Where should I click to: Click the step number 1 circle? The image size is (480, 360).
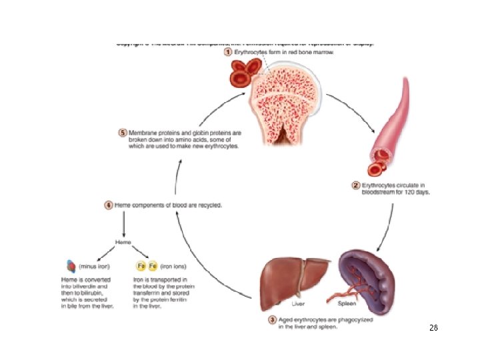228,52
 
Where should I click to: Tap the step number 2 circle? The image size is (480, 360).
357,185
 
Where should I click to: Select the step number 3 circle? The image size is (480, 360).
273,319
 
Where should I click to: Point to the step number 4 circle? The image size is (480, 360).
109,205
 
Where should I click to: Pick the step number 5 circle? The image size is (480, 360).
123,133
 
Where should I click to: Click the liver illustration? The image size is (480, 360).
294,277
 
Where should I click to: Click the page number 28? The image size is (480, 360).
433,328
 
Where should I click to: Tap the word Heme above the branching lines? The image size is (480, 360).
123,241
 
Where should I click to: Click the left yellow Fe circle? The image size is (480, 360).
141,265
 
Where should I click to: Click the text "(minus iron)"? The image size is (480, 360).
95,266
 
